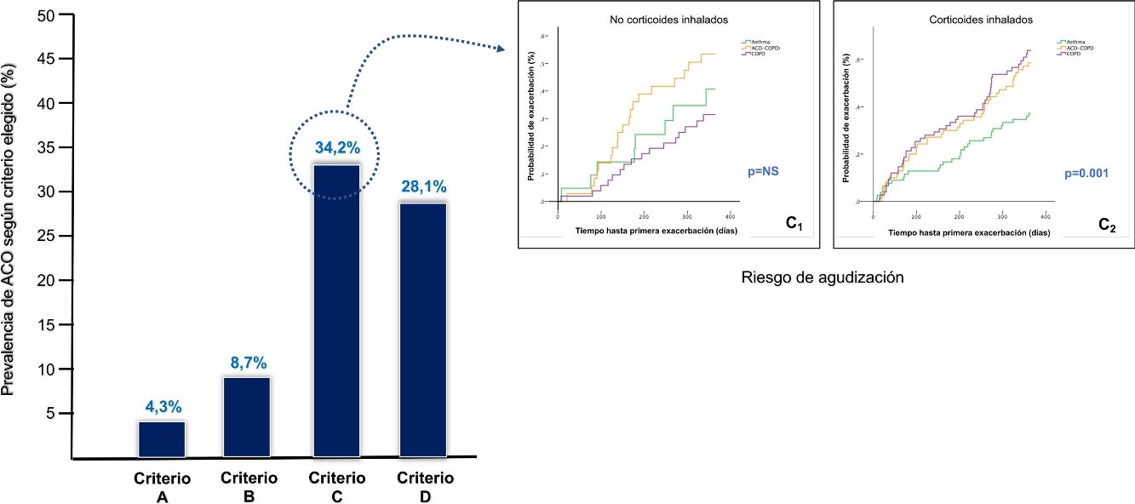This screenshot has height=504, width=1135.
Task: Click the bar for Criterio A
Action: tap(162, 439)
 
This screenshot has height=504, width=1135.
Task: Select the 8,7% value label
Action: tap(248, 362)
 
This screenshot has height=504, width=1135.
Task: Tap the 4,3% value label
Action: tap(162, 406)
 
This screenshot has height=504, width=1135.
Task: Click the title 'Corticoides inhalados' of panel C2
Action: tap(981, 19)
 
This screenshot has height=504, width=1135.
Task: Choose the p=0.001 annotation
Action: tap(1087, 173)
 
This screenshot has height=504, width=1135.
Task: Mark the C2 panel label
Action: tap(1108, 225)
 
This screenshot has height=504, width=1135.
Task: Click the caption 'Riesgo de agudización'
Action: tap(822, 277)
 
